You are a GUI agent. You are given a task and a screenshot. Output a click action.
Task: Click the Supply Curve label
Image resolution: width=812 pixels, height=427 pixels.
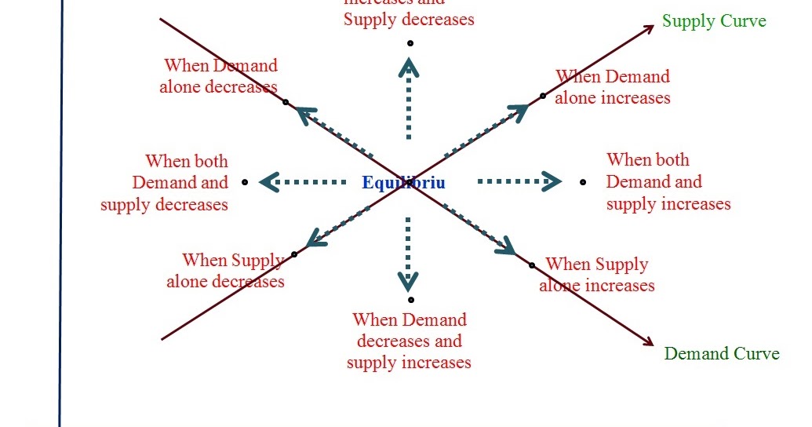pyautogui.click(x=714, y=21)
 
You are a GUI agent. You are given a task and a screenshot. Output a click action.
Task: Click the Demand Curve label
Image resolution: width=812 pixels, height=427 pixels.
pyautogui.click(x=722, y=353)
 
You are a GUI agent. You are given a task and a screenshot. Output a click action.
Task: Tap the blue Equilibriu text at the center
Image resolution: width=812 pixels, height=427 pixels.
pyautogui.click(x=403, y=183)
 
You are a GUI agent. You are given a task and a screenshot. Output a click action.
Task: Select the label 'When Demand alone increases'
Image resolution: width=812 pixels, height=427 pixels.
pyautogui.click(x=613, y=87)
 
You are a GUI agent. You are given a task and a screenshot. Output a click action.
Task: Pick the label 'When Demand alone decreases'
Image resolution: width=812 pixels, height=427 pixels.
pyautogui.click(x=219, y=76)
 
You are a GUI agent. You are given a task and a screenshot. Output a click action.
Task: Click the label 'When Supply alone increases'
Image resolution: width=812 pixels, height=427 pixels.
pyautogui.click(x=597, y=274)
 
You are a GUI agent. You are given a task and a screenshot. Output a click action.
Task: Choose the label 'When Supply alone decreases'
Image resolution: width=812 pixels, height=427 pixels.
pyautogui.click(x=226, y=270)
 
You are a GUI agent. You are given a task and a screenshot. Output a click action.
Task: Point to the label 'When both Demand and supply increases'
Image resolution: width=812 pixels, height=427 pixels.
pyautogui.click(x=668, y=182)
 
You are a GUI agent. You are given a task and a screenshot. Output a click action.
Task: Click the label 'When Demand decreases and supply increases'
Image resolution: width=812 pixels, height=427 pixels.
pyautogui.click(x=409, y=341)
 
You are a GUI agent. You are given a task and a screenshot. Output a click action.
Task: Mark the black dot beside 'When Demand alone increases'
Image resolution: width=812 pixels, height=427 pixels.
pyautogui.click(x=542, y=97)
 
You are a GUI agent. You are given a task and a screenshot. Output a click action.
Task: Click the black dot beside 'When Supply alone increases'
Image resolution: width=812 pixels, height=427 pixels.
pyautogui.click(x=532, y=265)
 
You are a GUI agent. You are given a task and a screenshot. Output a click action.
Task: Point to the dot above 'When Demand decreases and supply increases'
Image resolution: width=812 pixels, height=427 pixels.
pyautogui.click(x=410, y=300)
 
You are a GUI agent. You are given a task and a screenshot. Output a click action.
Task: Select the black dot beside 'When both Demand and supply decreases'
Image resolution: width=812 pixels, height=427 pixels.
pyautogui.click(x=245, y=182)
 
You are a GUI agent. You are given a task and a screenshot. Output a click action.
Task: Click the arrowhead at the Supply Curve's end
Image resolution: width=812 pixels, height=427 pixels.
pyautogui.click(x=649, y=29)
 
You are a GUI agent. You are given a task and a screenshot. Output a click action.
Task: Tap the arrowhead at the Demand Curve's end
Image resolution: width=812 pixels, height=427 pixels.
pyautogui.click(x=648, y=341)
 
